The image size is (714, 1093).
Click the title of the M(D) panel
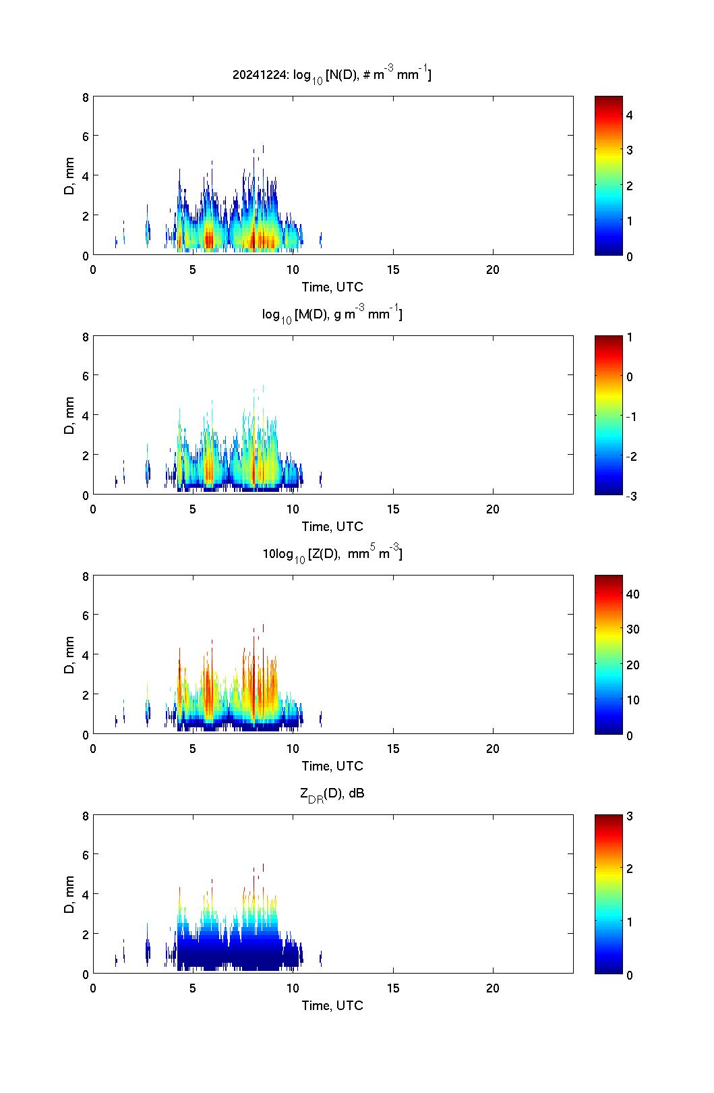332,314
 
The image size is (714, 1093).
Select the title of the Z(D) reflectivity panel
332,554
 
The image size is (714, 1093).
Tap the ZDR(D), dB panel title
332,794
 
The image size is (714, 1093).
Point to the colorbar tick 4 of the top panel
630,115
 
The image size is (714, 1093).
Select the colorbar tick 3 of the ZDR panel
630,816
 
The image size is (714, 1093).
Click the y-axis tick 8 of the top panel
86,97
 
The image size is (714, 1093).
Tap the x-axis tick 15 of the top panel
393,270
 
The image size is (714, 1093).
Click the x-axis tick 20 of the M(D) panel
493,509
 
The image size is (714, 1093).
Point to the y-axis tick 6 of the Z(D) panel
86,615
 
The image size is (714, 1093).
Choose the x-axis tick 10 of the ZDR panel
293,988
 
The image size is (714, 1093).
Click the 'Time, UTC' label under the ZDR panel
332,1005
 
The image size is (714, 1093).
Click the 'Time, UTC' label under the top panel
332,287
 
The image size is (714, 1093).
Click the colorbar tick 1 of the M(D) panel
630,337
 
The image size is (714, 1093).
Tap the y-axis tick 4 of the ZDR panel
86,894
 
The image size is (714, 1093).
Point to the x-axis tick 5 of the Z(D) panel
193,749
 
